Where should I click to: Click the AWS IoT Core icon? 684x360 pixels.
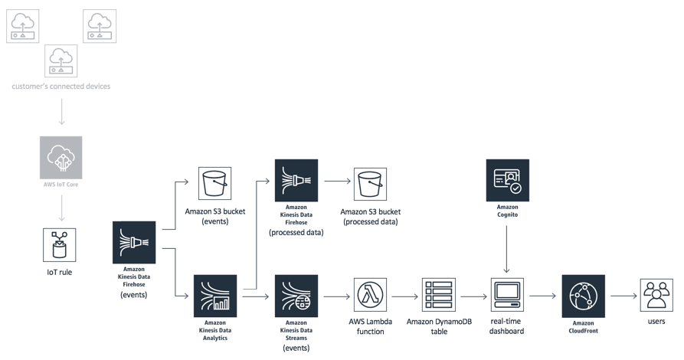pyautogui.click(x=61, y=157)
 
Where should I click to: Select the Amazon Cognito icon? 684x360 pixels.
pyautogui.click(x=507, y=180)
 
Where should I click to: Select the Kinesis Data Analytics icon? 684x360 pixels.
pyautogui.click(x=215, y=296)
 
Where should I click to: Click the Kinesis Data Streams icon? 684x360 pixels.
pyautogui.click(x=296, y=296)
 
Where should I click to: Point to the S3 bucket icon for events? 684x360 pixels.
pyautogui.click(x=214, y=184)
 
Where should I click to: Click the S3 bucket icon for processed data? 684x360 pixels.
pyautogui.click(x=370, y=184)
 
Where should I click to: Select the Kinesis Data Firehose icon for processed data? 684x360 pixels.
pyautogui.click(x=296, y=180)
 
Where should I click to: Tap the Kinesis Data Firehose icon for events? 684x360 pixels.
pyautogui.click(x=134, y=243)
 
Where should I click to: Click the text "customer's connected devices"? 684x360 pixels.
pyautogui.click(x=61, y=87)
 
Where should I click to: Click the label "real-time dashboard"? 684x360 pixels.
pyautogui.click(x=506, y=326)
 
